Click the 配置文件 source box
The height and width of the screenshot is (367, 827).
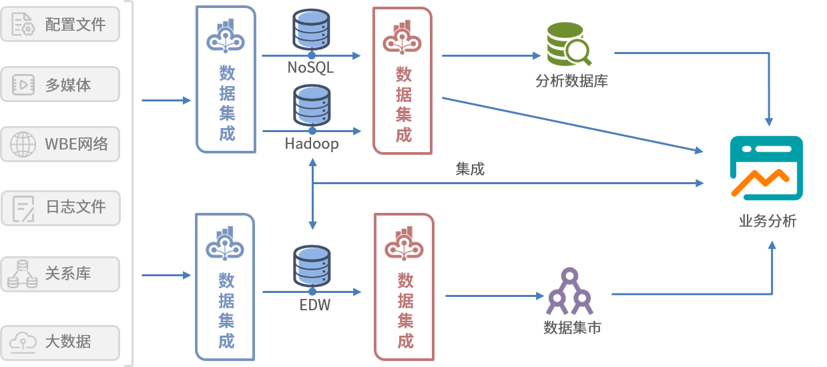click(x=60, y=24)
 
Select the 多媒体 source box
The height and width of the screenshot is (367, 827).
click(x=60, y=84)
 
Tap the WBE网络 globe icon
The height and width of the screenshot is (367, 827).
click(x=23, y=144)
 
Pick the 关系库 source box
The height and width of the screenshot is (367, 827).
click(x=60, y=274)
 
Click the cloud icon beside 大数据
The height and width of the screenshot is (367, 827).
click(x=23, y=342)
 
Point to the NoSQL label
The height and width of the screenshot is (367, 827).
click(x=310, y=67)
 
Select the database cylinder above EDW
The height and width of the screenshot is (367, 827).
click(x=312, y=267)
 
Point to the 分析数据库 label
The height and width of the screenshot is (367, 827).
click(x=571, y=82)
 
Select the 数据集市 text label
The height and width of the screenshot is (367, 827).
click(x=572, y=328)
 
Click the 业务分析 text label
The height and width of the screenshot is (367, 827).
click(x=767, y=222)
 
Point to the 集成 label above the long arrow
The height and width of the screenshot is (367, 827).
click(x=470, y=169)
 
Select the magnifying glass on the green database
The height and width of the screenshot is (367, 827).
click(x=579, y=51)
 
